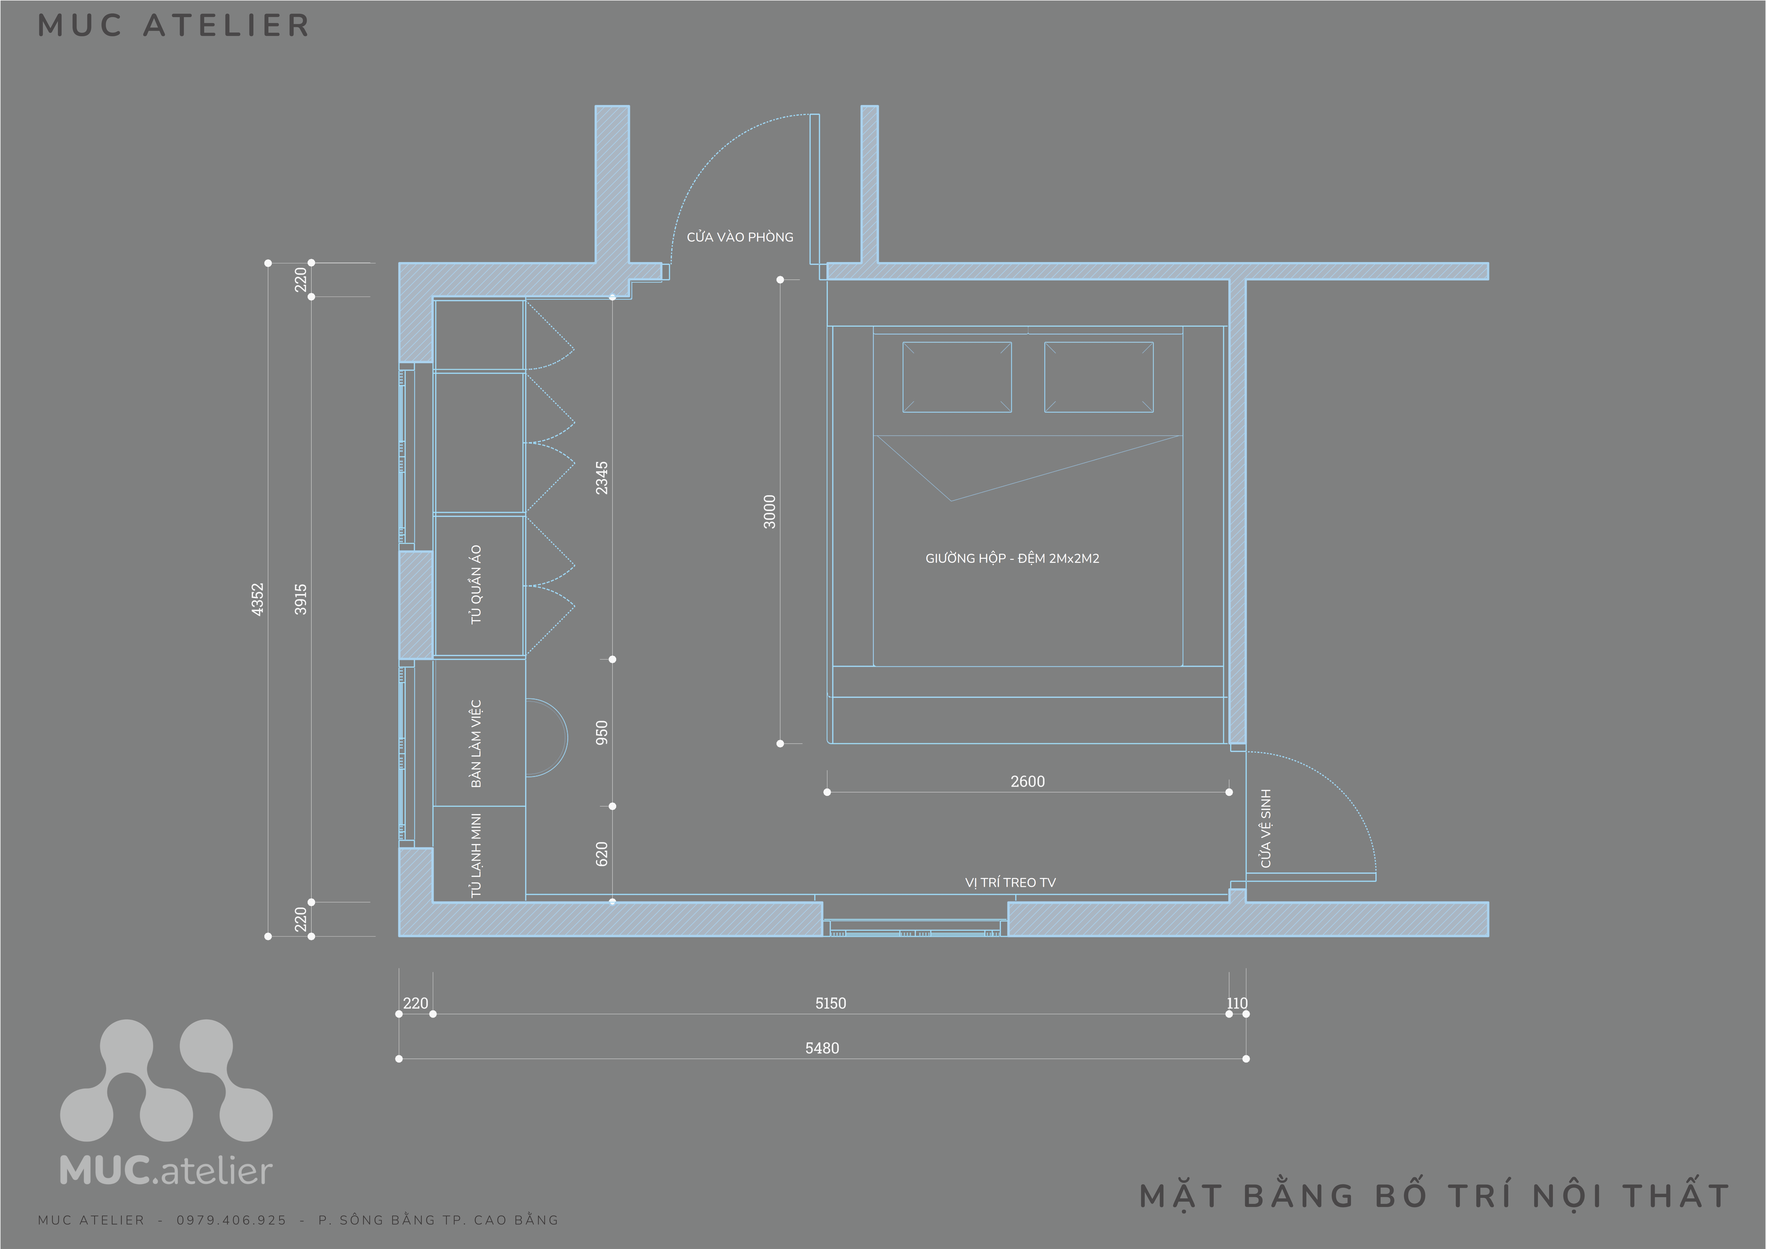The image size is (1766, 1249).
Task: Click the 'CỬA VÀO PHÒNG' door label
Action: point(740,237)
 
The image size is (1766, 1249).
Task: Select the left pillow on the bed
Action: point(957,377)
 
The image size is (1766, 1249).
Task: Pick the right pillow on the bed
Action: point(1098,377)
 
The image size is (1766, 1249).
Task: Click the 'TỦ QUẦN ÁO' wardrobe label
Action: point(476,584)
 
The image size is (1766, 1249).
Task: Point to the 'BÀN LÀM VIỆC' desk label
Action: point(476,744)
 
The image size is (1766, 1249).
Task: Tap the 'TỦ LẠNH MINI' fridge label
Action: point(476,855)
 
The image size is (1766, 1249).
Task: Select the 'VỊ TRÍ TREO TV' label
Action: point(1010,882)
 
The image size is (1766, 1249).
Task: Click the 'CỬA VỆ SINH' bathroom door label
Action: point(1265,828)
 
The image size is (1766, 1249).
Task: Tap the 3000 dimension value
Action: point(769,511)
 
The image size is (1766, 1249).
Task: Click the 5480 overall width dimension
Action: point(822,1048)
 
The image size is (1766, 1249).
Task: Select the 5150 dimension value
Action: point(830,1003)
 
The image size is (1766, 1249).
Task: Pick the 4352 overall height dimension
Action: point(258,599)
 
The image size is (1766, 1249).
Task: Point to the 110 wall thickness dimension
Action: point(1237,1003)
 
